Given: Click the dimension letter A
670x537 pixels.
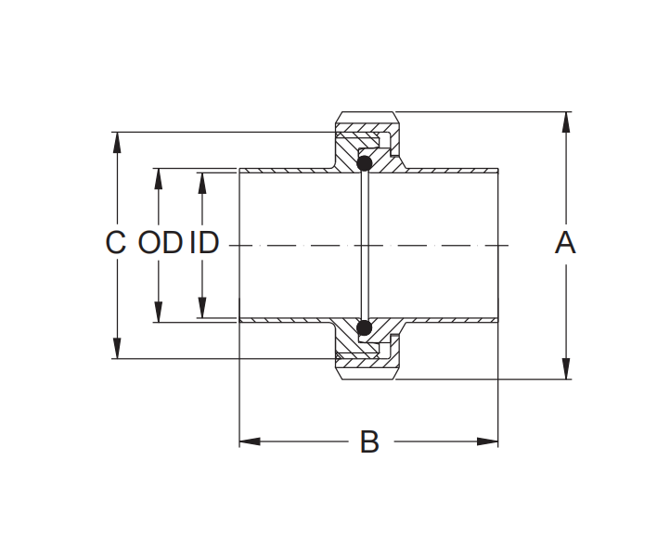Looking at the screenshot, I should (x=565, y=243).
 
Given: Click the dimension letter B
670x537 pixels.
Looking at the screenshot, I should (x=369, y=442).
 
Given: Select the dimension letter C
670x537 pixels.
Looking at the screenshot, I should (x=115, y=243).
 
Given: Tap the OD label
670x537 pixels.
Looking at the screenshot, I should (x=160, y=243).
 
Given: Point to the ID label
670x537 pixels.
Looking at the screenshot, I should (x=204, y=243).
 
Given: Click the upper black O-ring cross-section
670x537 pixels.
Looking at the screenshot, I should (x=365, y=164).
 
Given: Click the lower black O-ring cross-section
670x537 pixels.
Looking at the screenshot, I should (x=365, y=327).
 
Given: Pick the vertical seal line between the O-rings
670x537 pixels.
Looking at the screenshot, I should (x=365, y=246).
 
